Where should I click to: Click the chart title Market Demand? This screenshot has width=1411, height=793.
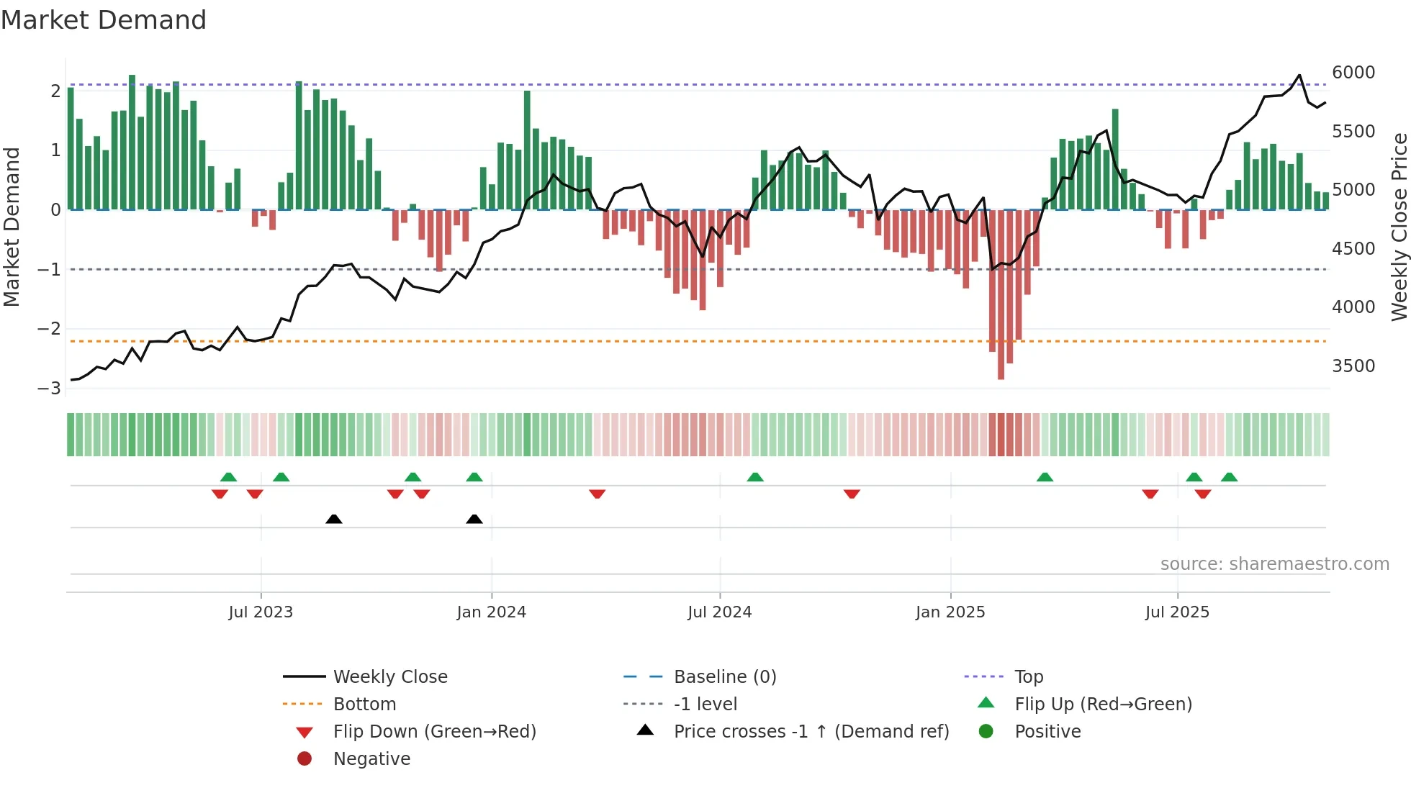click(104, 20)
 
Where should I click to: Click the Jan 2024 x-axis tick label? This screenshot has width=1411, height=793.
click(491, 612)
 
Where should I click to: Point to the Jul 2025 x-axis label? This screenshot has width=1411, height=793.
click(1177, 612)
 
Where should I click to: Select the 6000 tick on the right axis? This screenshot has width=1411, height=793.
click(1353, 73)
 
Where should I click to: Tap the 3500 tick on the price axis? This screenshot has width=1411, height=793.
click(1353, 366)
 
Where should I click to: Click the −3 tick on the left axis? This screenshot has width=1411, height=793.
click(50, 389)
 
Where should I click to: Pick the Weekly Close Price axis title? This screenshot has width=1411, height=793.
click(1399, 227)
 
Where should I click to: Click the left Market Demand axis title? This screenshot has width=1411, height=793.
click(12, 227)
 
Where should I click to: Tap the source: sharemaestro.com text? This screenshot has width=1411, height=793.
click(1274, 564)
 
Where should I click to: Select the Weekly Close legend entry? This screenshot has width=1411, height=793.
click(389, 677)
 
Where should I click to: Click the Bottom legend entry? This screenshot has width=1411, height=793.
click(364, 704)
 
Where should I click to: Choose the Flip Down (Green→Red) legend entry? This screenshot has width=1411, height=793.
click(434, 732)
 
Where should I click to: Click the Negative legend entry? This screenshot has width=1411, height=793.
click(371, 759)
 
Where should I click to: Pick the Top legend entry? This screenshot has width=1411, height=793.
click(1028, 677)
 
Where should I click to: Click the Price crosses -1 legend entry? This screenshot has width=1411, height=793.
click(811, 732)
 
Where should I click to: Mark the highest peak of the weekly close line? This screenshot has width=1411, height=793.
click(1299, 76)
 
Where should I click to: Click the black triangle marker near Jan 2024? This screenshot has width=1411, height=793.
click(474, 520)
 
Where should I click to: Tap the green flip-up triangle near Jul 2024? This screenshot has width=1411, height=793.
click(754, 477)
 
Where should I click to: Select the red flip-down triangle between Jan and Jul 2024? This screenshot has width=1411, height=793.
click(597, 494)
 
